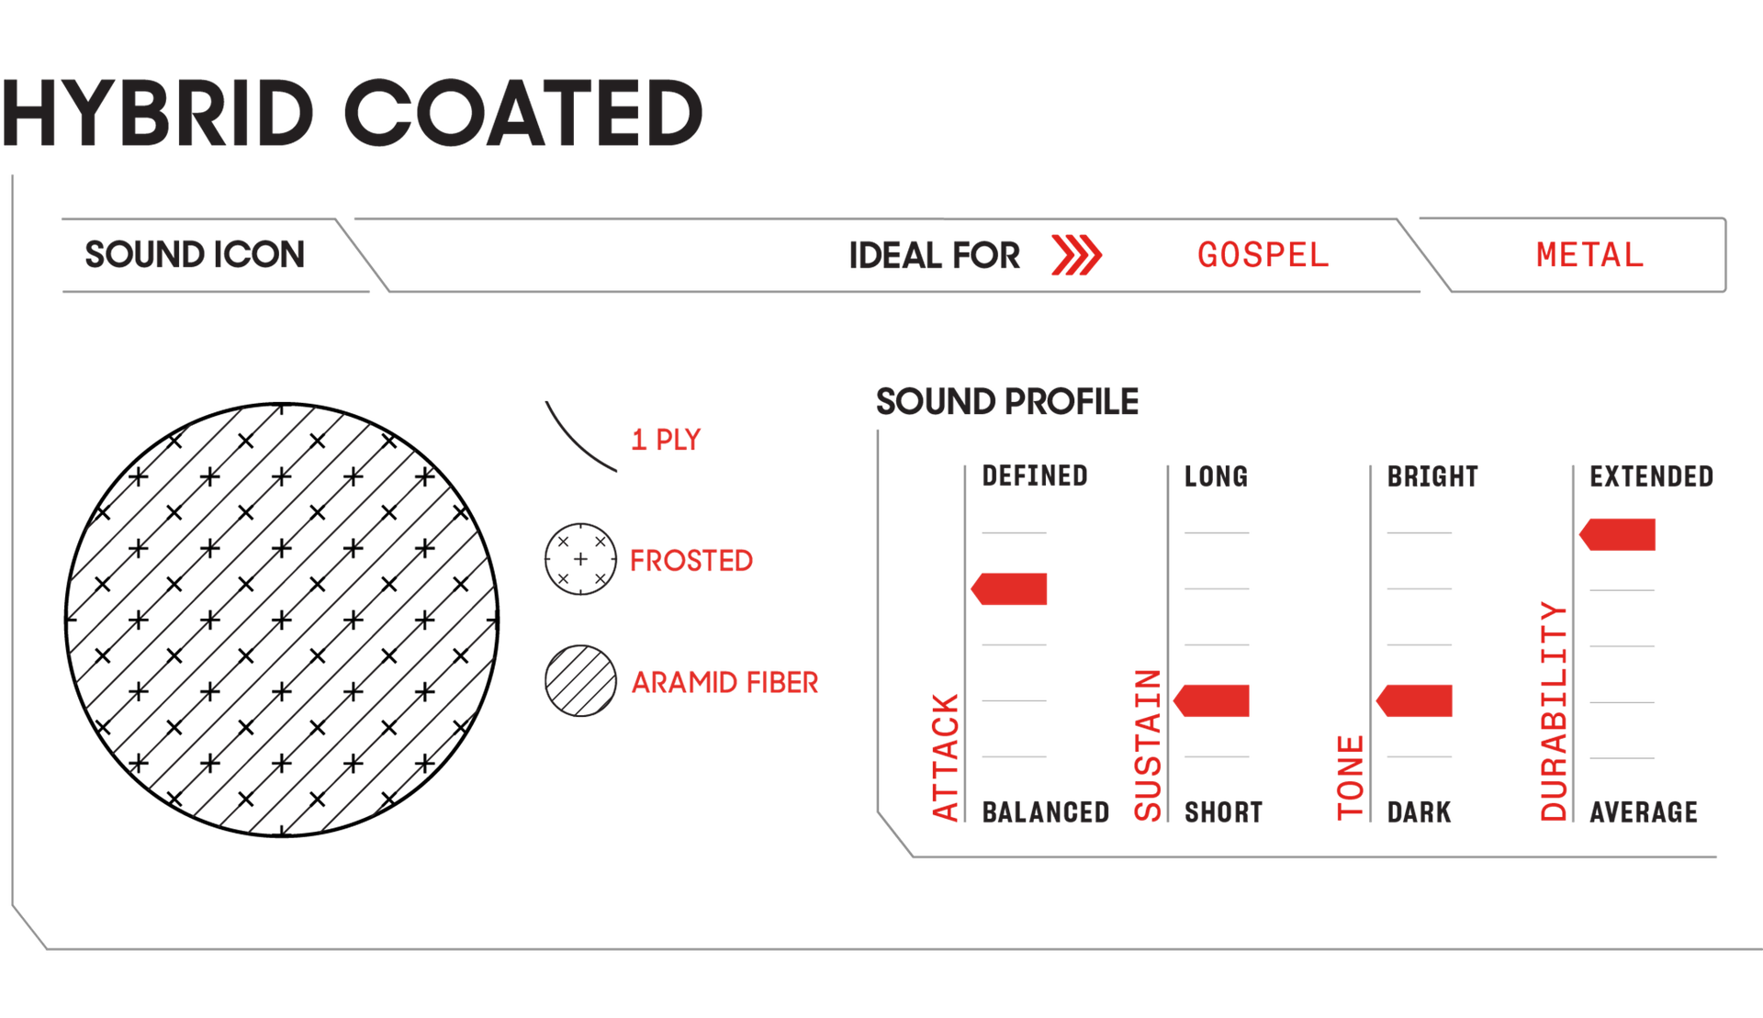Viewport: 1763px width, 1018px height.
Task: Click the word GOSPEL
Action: point(1263,255)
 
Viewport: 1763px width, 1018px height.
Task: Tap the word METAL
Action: point(1589,255)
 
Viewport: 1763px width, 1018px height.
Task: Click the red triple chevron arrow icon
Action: point(1076,255)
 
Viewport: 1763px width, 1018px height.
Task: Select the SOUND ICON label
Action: point(195,254)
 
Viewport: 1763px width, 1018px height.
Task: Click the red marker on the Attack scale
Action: point(1010,589)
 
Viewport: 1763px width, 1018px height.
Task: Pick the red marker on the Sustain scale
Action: point(1213,700)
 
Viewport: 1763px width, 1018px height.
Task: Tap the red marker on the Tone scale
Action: point(1416,700)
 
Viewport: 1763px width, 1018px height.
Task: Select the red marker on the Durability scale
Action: point(1618,535)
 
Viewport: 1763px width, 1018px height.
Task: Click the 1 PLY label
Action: point(666,440)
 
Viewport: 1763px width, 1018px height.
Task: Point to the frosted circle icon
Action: point(580,559)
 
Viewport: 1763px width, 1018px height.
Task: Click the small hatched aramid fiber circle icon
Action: point(580,681)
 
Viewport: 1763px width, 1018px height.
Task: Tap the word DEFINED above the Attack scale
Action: point(1034,476)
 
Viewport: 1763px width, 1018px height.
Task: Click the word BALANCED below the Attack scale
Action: point(1045,812)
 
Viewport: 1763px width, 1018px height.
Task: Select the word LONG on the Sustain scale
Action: point(1216,476)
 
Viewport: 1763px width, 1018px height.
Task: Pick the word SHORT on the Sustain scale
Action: point(1223,812)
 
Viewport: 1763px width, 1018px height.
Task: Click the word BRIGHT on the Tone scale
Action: point(1432,476)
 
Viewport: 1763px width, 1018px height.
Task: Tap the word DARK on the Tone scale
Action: point(1419,812)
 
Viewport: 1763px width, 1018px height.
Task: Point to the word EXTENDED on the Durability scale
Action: point(1651,476)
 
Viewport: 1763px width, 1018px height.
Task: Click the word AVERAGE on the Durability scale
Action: point(1643,812)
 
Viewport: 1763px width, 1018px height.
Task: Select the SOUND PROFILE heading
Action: point(1007,401)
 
